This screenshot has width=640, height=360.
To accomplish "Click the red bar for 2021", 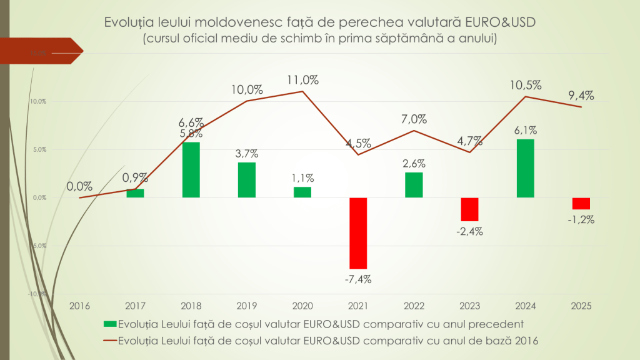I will point(358,233).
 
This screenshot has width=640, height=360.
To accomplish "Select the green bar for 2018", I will point(191,170).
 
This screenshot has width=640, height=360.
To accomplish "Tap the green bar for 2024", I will point(526,168).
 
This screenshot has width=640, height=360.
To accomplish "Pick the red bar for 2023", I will point(469,209).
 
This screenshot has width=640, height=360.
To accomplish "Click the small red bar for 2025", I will point(581,204).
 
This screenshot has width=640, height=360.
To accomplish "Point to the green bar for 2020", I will point(302,192).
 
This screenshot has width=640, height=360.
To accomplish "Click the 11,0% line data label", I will point(303,79).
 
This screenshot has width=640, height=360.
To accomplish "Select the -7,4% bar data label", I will point(358,279).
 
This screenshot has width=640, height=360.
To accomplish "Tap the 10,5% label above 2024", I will point(526,85).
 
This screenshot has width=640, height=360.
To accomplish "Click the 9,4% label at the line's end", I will point(581,96).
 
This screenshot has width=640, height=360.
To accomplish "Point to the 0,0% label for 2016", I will point(80,186).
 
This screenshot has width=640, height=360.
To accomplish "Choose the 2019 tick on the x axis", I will point(247,306).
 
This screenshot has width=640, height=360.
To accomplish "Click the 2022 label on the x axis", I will point(414,306).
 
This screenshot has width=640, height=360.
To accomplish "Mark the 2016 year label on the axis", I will point(80,306).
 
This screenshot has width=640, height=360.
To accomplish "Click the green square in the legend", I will point(109,324).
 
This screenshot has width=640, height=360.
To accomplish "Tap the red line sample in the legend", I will point(109,341).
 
